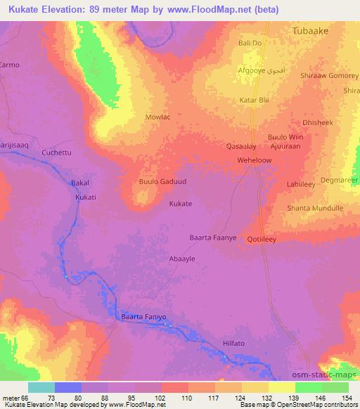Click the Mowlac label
click(157, 119)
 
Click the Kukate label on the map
click(181, 204)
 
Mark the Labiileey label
click(302, 185)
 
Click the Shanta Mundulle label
click(314, 208)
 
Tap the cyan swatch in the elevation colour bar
click(41, 387)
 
